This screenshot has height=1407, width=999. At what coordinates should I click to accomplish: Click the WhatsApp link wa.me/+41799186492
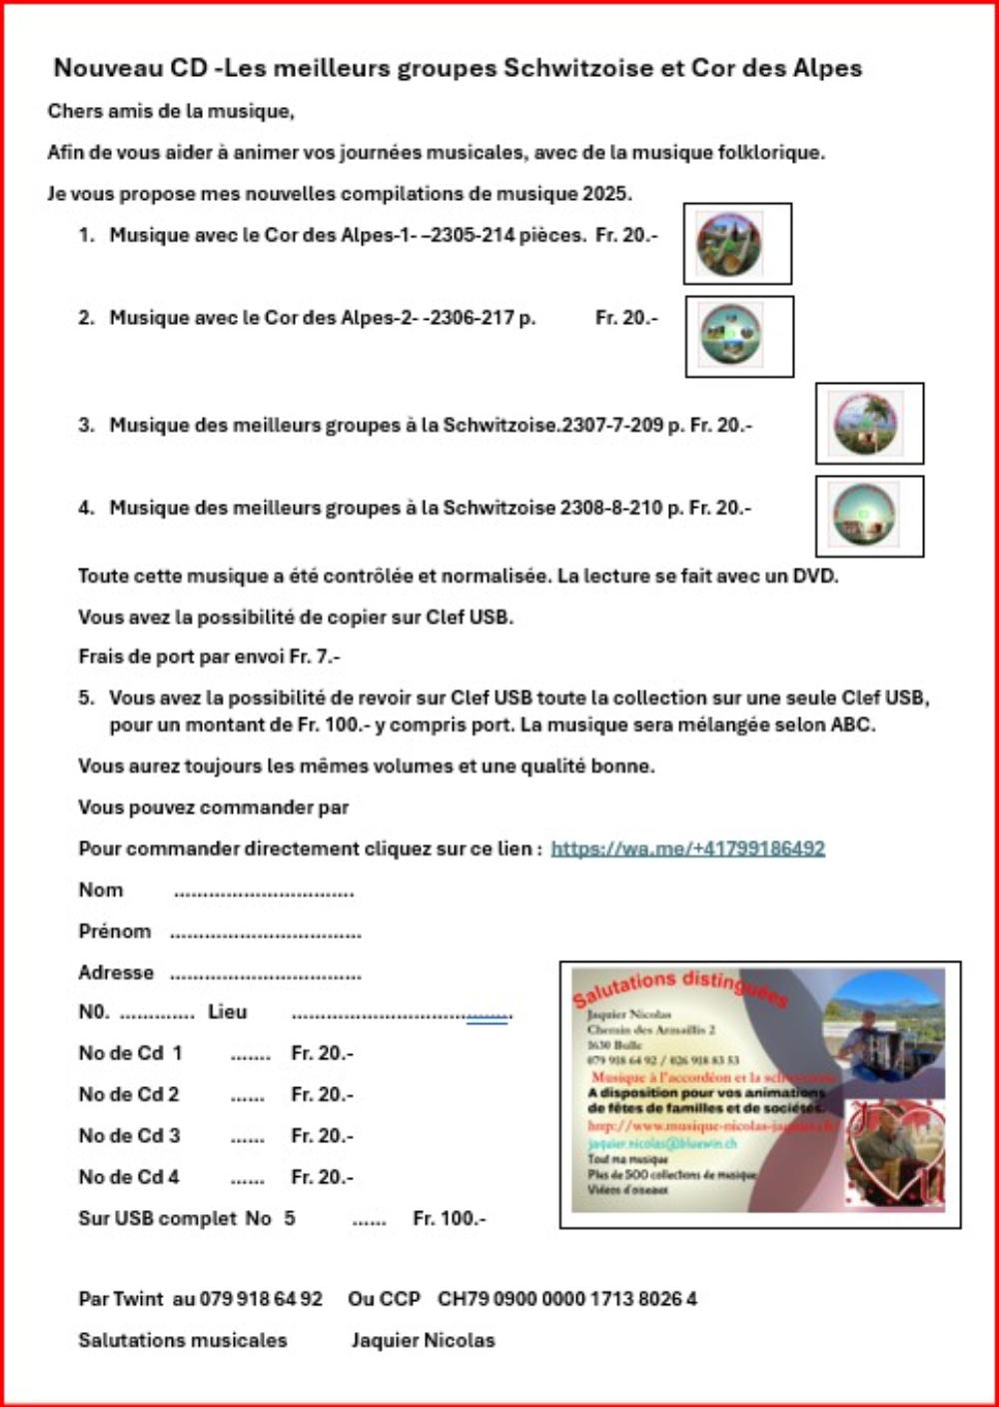click(x=687, y=848)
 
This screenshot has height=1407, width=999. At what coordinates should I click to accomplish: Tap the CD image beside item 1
click(x=729, y=245)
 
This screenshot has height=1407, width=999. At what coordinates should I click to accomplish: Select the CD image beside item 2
click(x=731, y=336)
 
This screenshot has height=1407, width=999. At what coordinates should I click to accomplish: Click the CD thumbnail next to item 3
click(x=866, y=424)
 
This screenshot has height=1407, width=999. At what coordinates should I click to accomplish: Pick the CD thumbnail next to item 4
click(x=865, y=516)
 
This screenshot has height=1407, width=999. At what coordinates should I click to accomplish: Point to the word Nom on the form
click(x=101, y=889)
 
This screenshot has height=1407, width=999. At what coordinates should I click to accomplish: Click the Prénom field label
click(x=115, y=931)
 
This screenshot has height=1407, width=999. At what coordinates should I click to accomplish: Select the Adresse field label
click(x=116, y=972)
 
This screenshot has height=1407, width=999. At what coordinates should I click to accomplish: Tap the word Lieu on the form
click(x=227, y=1012)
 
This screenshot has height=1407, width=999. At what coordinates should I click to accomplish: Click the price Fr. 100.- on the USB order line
click(x=449, y=1218)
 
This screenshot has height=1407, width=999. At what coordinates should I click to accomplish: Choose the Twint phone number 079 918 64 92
click(x=261, y=1299)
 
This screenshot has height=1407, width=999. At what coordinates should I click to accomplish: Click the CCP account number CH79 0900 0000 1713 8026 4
click(x=567, y=1299)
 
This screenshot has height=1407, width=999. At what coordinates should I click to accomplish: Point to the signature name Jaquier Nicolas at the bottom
click(x=423, y=1340)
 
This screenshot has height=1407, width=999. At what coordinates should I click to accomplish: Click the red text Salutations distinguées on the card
click(x=679, y=988)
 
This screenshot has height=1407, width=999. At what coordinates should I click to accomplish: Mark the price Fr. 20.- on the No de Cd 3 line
click(x=322, y=1136)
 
